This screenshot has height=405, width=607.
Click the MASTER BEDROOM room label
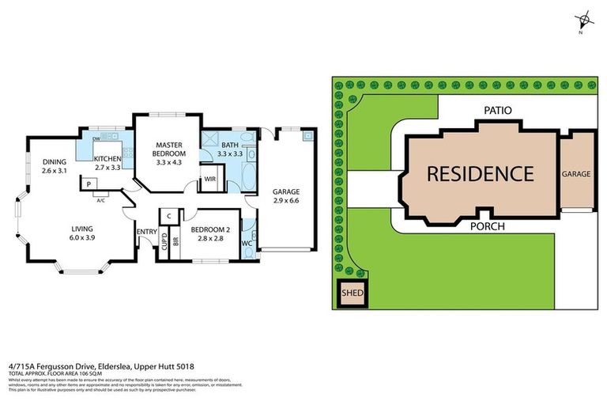click(x=170, y=149)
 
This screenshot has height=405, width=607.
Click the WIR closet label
click(x=210, y=180)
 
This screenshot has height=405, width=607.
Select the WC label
click(x=247, y=243)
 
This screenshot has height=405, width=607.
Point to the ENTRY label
click(x=146, y=231)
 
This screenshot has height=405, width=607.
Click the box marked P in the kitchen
click(x=89, y=184)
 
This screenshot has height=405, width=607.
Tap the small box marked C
click(x=169, y=215)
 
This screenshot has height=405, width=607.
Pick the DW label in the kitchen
click(x=96, y=138)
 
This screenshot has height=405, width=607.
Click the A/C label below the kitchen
click(x=100, y=200)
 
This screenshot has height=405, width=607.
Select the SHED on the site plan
click(x=352, y=293)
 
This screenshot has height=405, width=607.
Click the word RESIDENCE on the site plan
click(x=480, y=173)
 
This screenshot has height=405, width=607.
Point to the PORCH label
click(x=488, y=225)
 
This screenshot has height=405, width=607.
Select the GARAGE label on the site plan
click(x=576, y=173)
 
